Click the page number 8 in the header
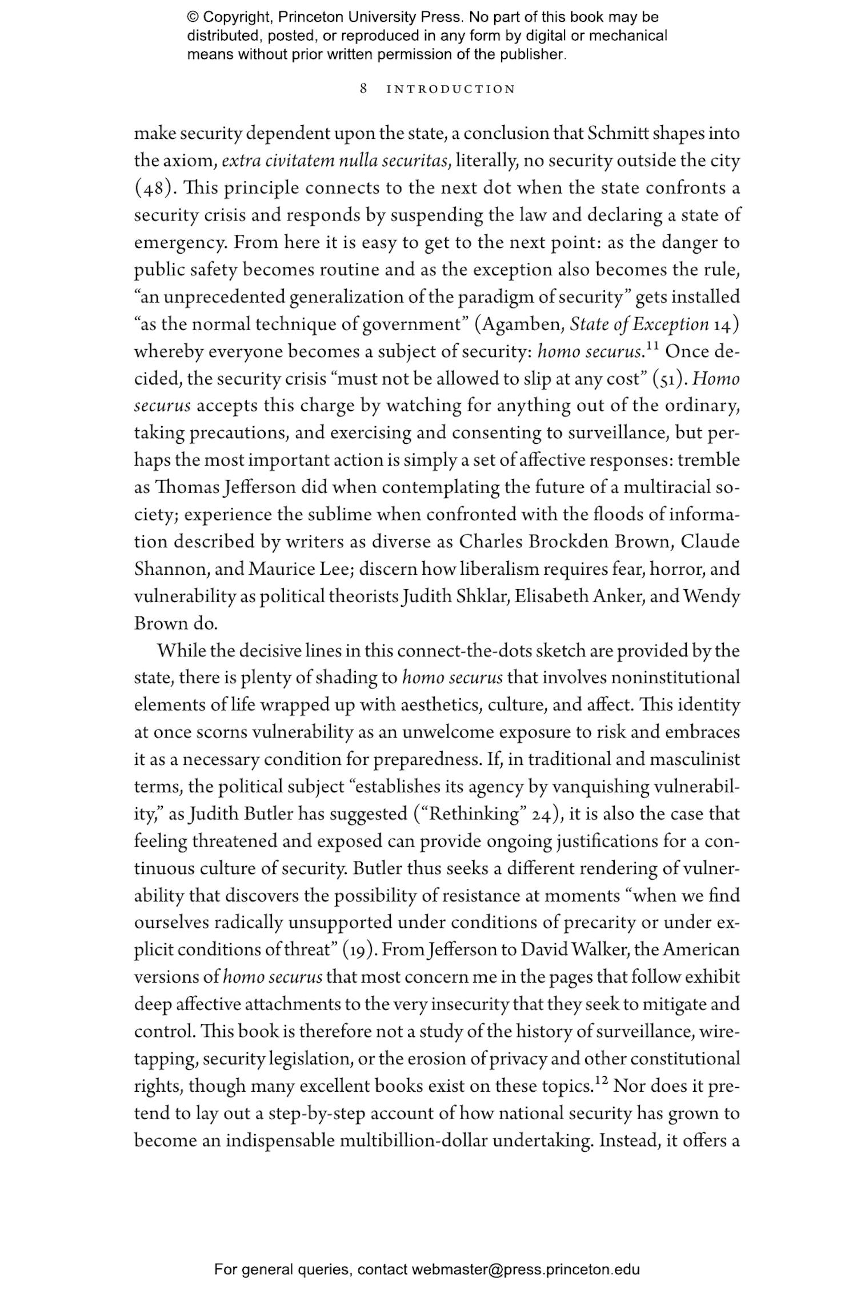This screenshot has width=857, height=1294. tap(363, 89)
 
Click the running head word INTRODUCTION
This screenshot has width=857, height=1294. tap(451, 89)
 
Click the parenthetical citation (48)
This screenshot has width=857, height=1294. tap(153, 188)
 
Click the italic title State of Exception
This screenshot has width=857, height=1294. tap(639, 324)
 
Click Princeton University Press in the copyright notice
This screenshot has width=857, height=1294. tap(370, 17)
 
